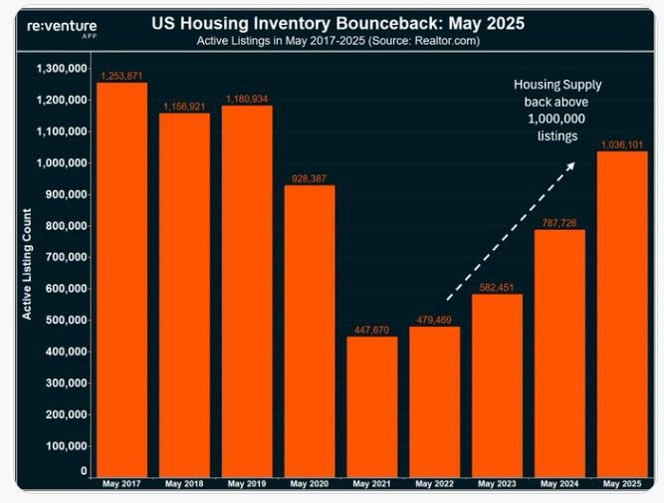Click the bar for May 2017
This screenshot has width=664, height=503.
click(x=121, y=279)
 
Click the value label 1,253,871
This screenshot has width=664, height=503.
click(x=121, y=76)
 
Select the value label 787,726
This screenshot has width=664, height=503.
click(x=559, y=223)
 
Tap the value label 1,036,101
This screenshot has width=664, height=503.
click(x=622, y=144)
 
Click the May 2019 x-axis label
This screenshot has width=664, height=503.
click(x=247, y=484)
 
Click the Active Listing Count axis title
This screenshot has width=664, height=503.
click(x=27, y=264)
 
